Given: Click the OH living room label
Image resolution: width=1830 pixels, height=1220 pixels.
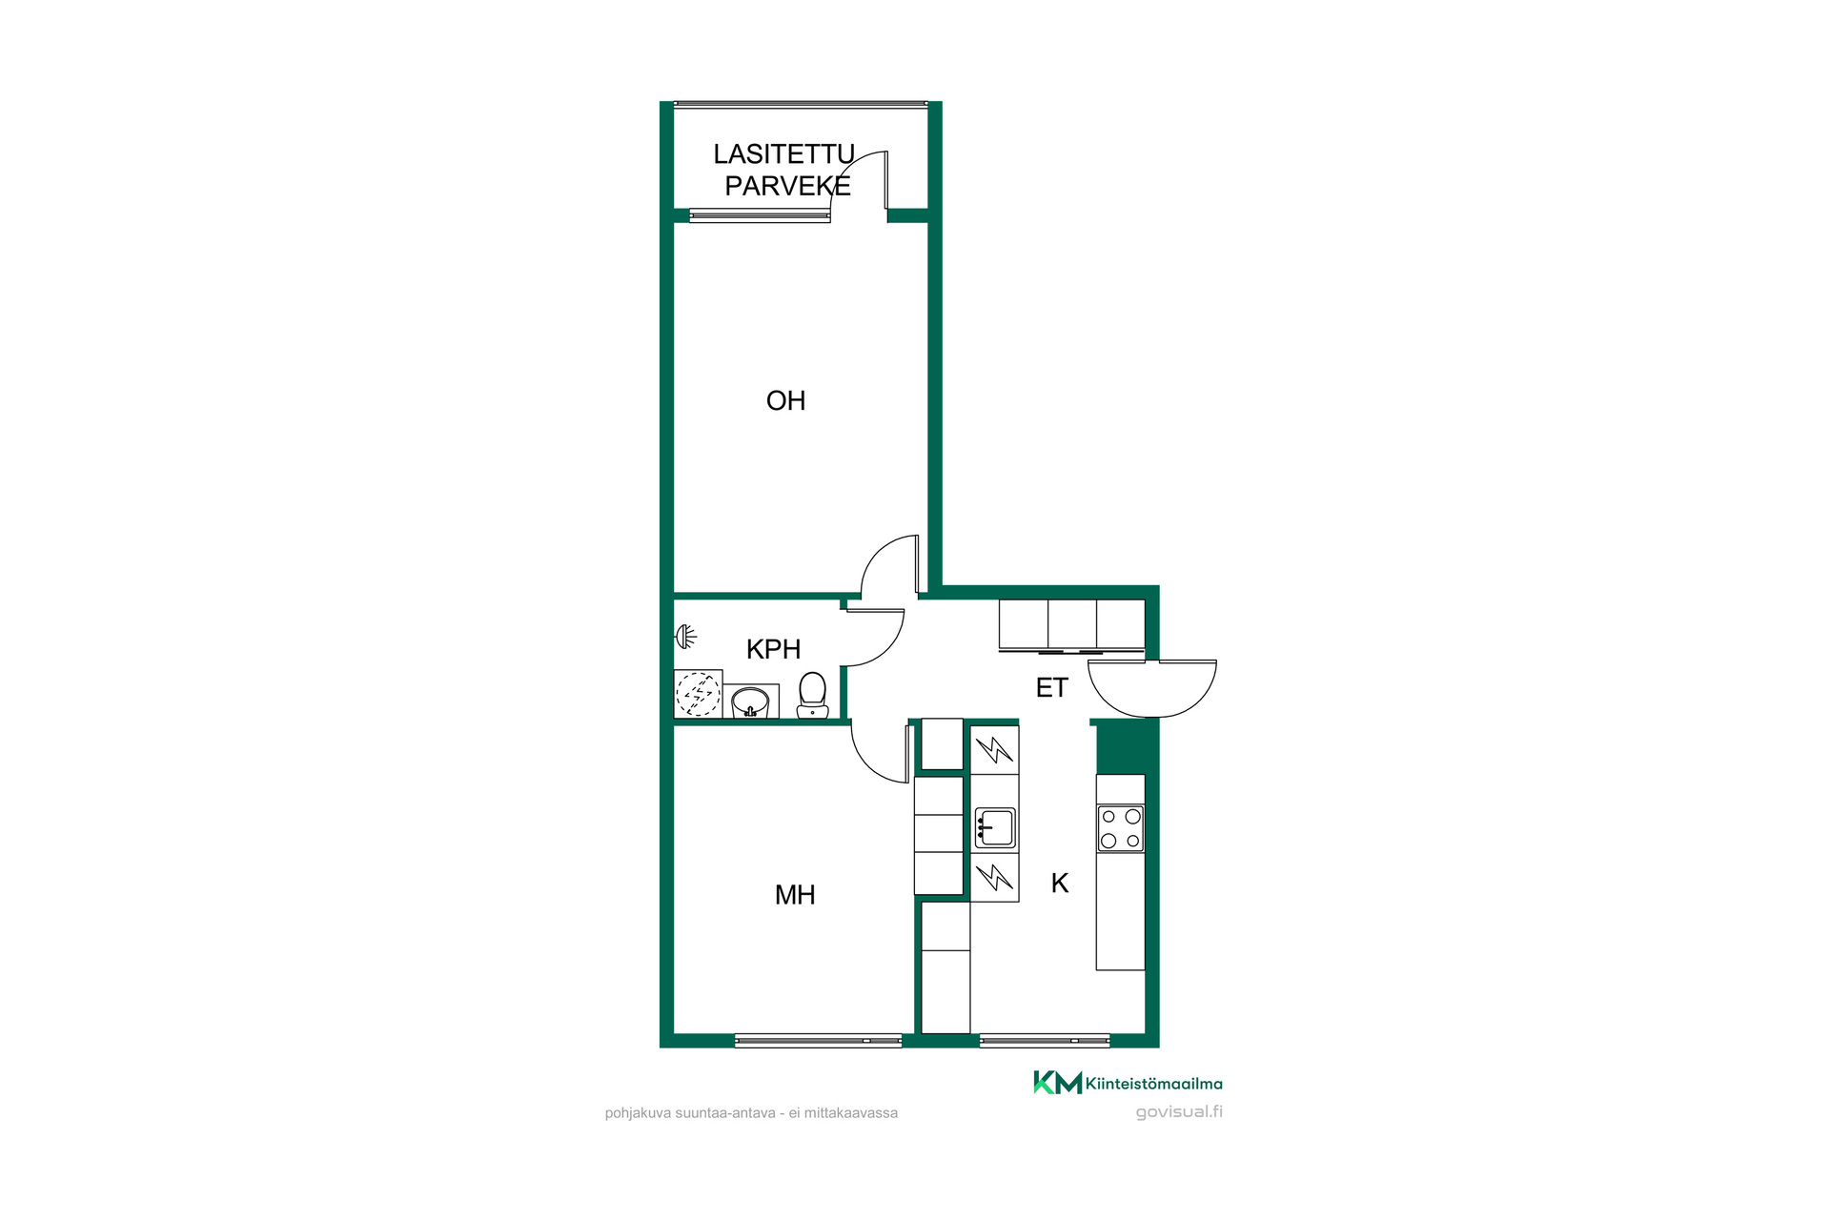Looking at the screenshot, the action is (x=785, y=400).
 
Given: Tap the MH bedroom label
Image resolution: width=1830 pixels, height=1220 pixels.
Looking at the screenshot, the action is (x=795, y=895).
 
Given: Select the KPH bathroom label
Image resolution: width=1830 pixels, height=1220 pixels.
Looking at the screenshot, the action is (x=773, y=649).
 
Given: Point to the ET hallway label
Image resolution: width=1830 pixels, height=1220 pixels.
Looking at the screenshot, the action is (x=1051, y=687).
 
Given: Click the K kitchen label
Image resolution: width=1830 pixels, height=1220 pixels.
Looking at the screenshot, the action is (x=1059, y=884).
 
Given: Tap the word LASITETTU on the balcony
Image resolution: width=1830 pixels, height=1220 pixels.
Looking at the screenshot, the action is (x=783, y=154).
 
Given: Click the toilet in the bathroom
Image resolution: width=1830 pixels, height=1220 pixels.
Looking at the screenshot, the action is (x=812, y=695).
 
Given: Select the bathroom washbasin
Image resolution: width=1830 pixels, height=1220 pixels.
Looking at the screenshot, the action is (x=750, y=701).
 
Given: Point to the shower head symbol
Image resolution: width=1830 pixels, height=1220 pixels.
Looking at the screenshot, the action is (x=685, y=636).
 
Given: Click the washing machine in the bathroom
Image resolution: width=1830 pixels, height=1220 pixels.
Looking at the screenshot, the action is (x=698, y=694).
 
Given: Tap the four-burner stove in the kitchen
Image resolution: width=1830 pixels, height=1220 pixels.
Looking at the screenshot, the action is (x=1120, y=828).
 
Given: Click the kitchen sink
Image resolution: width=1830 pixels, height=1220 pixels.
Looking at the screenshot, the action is (x=994, y=827).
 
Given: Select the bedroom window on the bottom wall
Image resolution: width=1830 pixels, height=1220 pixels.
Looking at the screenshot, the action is (x=818, y=1041).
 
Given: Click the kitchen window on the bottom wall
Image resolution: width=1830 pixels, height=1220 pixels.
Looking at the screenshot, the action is (x=1044, y=1041).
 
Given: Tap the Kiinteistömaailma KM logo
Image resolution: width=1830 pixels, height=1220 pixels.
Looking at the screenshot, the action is (x=1128, y=1083).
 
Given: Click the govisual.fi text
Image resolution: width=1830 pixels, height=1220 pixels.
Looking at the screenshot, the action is (x=1179, y=1112).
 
